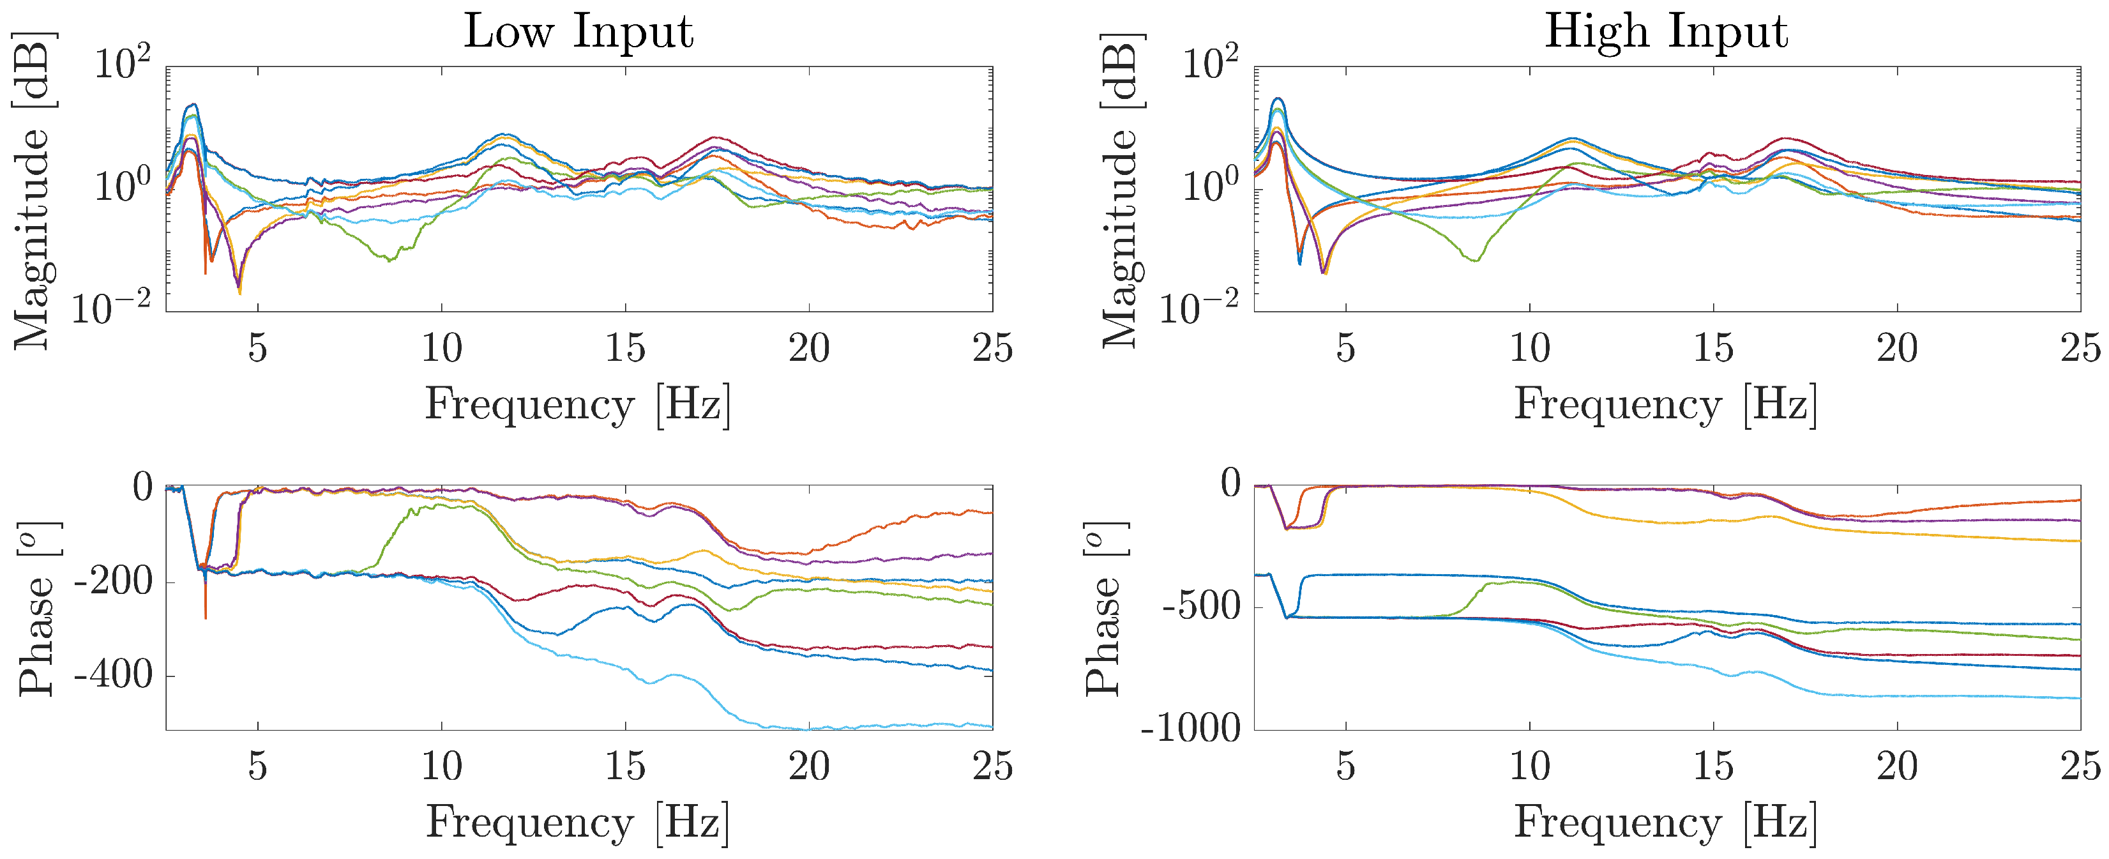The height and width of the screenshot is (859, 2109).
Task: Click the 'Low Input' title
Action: click(579, 33)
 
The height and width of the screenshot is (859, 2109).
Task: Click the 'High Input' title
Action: click(1666, 33)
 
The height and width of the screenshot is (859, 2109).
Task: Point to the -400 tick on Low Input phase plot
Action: click(114, 676)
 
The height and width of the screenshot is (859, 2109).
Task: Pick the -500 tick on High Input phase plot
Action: click(1202, 607)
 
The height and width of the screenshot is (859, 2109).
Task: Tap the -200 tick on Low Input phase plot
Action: click(114, 582)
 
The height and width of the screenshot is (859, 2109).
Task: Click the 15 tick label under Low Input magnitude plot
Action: click(626, 348)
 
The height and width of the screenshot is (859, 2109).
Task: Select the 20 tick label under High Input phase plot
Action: click(1897, 766)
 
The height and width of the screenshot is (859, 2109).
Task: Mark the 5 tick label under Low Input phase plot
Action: click(258, 766)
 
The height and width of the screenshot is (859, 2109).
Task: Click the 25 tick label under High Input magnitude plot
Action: click(2080, 348)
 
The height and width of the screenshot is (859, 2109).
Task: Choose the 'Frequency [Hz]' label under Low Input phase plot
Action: click(577, 823)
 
